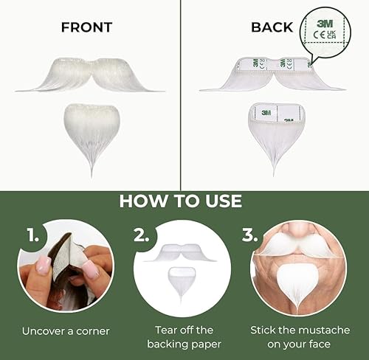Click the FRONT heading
[86, 28]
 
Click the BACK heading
[272, 28]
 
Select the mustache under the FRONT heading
[90, 76]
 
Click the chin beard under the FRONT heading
[92, 129]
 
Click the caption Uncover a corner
[66, 331]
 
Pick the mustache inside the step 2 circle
[181, 252]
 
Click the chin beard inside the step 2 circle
[182, 281]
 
